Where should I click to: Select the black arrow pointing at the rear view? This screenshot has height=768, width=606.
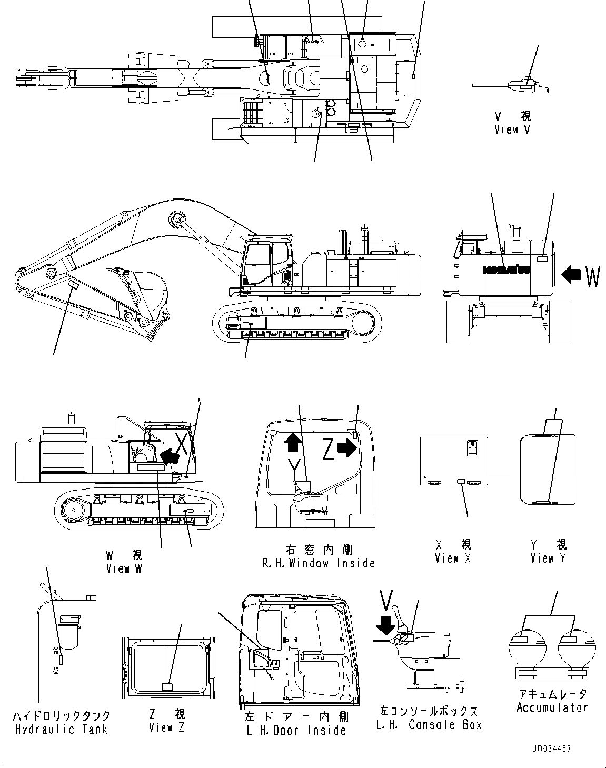pos(571,274)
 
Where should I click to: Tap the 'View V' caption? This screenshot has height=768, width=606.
pos(512,129)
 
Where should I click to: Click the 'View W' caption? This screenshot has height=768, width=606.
pos(124,568)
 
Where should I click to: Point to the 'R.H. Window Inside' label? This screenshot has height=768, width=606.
pos(319,563)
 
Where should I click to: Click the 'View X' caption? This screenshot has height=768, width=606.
pos(453,558)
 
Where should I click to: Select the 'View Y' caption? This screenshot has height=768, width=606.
pos(548,558)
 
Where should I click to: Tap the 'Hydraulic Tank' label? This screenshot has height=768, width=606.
pos(61,729)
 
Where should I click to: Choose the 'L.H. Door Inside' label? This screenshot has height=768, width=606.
pos(296,730)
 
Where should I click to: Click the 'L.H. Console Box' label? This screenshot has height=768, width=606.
pos(429,725)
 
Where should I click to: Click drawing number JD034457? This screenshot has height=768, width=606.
pos(551,749)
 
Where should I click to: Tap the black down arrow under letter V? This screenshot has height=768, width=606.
pos(386,624)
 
